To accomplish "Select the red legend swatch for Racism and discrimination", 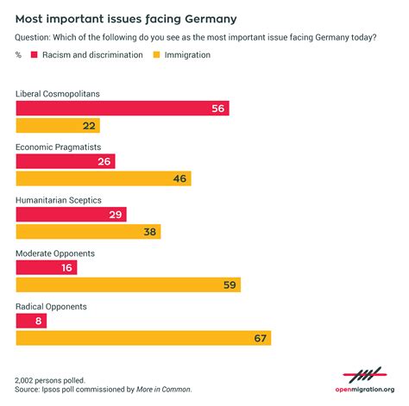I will pos(35,55).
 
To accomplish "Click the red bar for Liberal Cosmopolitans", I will pos(122,108).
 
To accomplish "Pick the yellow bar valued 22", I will pos(58,126).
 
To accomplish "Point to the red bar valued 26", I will pos(66,160).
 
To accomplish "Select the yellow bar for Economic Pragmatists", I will pos(103,178).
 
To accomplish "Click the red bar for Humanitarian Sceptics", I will pos(71,214).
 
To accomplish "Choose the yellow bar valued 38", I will pos(88,232).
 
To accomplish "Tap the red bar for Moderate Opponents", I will pos(47,267).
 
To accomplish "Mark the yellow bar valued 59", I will pos(128,284).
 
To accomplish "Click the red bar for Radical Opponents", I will pos(31,320).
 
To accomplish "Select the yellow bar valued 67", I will pos(143,338).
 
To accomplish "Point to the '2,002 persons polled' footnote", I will pos(50,380).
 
